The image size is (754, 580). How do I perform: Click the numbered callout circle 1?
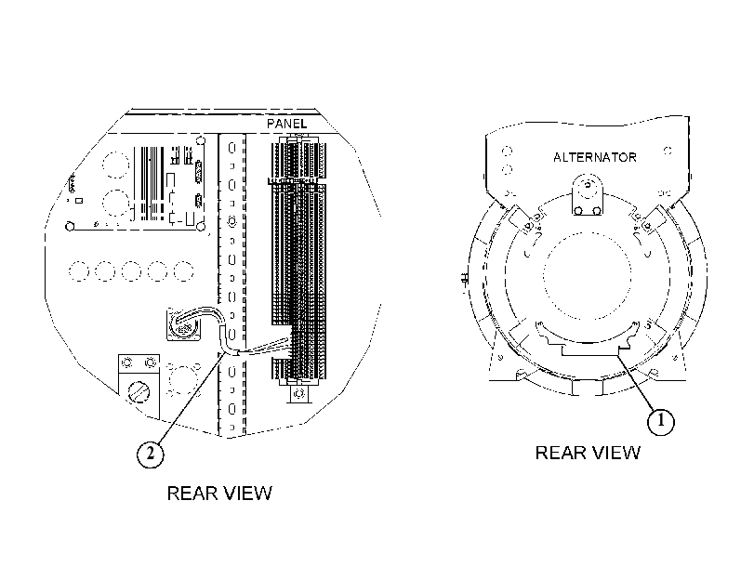click(x=661, y=421)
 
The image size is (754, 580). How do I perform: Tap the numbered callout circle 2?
click(x=150, y=454)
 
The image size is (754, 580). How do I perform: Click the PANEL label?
click(x=286, y=124)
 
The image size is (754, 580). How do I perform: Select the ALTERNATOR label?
click(x=595, y=157)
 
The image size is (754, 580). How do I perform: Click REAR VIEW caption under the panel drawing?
click(x=219, y=493)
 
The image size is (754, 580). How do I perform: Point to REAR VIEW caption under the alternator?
click(x=588, y=453)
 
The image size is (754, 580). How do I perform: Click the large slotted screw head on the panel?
click(x=139, y=391)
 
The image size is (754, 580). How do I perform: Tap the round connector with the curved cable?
click(x=183, y=326)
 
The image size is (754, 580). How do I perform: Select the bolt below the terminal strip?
click(x=299, y=393)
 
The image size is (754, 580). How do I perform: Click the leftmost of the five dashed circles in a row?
click(x=78, y=271)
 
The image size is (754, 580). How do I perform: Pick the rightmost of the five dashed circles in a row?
click(x=183, y=271)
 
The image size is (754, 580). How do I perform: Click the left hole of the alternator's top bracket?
click(x=578, y=211)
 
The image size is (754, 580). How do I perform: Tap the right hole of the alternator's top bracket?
click(x=597, y=211)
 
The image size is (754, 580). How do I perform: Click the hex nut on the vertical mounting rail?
click(x=231, y=222)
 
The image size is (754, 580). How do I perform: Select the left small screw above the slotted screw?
click(x=127, y=362)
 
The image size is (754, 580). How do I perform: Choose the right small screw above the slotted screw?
click(x=151, y=362)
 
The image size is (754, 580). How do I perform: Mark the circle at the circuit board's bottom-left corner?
click(x=70, y=226)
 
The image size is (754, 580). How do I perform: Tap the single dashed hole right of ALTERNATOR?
click(x=668, y=151)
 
